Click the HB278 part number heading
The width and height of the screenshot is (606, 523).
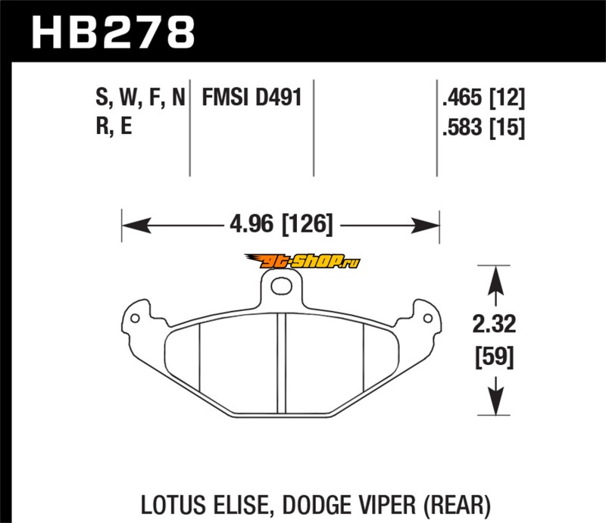click(113, 32)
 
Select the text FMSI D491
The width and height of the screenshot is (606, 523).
click(251, 97)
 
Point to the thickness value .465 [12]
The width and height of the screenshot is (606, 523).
click(484, 98)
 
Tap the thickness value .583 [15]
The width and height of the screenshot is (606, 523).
click(484, 127)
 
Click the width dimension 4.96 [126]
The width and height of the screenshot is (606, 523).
click(281, 224)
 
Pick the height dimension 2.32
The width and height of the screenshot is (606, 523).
click(495, 324)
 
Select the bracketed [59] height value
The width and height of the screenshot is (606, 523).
click(495, 357)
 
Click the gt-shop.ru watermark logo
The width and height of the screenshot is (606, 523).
click(302, 262)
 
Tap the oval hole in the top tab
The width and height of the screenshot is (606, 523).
click(281, 286)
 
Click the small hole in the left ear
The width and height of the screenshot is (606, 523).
click(135, 319)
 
